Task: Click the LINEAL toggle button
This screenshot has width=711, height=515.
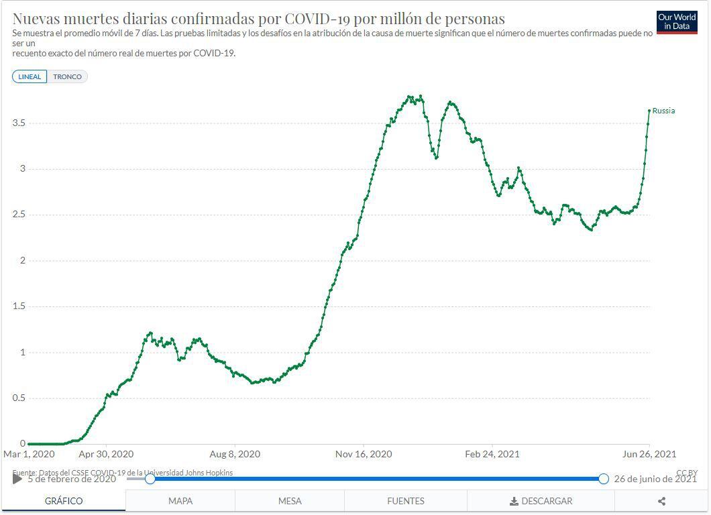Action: [x=30, y=76]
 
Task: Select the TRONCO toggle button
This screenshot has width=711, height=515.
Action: [x=67, y=76]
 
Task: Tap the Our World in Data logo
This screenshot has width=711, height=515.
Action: [x=677, y=22]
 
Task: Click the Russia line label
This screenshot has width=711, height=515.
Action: [x=663, y=111]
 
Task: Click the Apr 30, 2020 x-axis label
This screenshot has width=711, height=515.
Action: [x=106, y=454]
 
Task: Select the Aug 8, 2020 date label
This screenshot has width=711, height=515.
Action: [x=234, y=454]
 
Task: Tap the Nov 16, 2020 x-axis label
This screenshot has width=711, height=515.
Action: [x=364, y=454]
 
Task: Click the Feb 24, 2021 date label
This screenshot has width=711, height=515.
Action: [x=492, y=454]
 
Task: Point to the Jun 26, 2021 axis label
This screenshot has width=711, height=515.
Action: [x=649, y=454]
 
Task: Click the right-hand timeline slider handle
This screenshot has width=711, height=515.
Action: [x=603, y=479]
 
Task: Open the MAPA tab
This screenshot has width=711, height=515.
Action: [x=180, y=501]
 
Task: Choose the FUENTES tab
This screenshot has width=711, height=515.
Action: [x=406, y=501]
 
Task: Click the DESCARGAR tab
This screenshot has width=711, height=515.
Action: [x=541, y=501]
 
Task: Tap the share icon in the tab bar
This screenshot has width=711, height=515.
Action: [x=661, y=501]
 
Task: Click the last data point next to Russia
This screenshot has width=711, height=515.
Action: [x=649, y=111]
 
